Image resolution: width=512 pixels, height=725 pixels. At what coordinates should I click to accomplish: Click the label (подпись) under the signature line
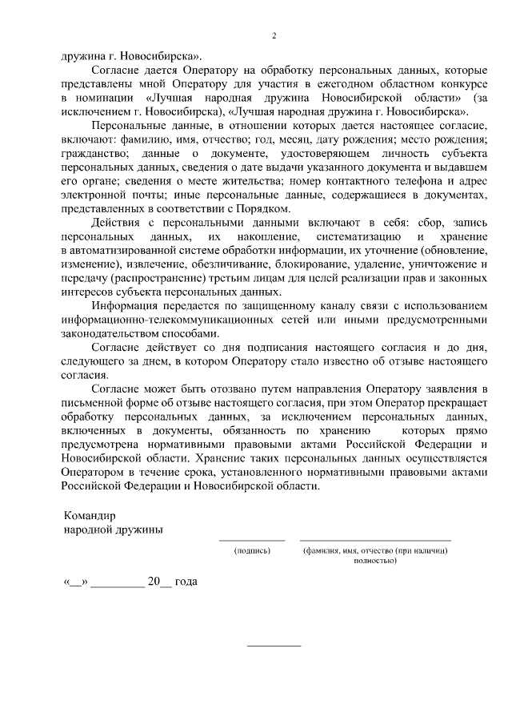click(x=252, y=551)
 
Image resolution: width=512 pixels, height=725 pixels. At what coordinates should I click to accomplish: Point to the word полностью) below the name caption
click(x=375, y=561)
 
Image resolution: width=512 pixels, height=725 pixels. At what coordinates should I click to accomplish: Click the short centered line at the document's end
click(x=274, y=646)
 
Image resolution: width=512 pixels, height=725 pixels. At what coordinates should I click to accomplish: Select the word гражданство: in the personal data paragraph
click(x=90, y=152)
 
